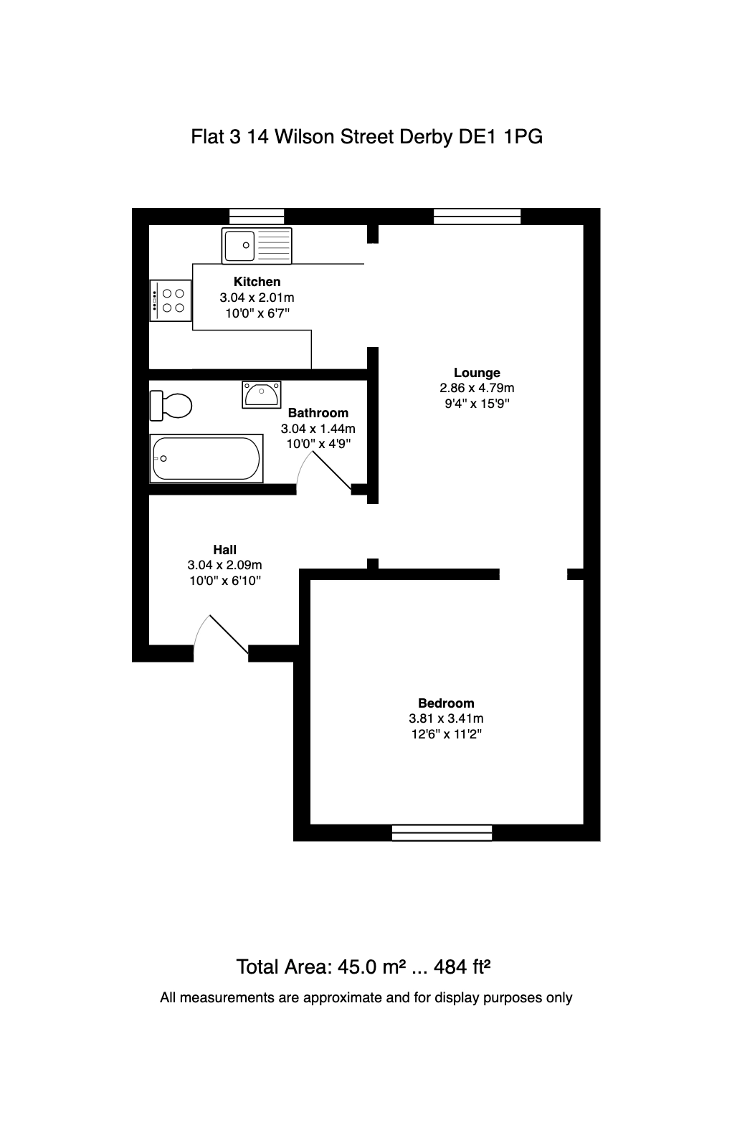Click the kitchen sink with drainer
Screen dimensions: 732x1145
(x=256, y=245)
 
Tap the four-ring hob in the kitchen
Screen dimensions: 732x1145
(x=170, y=300)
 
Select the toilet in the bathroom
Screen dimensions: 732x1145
(x=171, y=406)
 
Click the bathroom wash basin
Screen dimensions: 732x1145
(x=261, y=394)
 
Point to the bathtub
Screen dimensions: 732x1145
(x=206, y=459)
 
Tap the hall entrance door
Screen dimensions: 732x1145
(x=221, y=635)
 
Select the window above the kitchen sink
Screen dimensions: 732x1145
(x=257, y=217)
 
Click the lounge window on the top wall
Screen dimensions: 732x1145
(x=477, y=217)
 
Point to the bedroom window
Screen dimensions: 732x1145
(x=442, y=832)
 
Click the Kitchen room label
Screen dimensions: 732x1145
(x=257, y=282)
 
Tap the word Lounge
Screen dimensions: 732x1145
(x=477, y=373)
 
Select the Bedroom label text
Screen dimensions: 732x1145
(x=446, y=703)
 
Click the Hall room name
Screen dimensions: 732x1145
(x=225, y=549)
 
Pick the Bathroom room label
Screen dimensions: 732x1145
(x=318, y=412)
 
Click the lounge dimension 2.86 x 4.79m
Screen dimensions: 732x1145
(x=477, y=388)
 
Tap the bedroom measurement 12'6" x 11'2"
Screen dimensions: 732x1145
(x=446, y=734)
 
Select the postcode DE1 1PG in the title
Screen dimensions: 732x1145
(x=500, y=137)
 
